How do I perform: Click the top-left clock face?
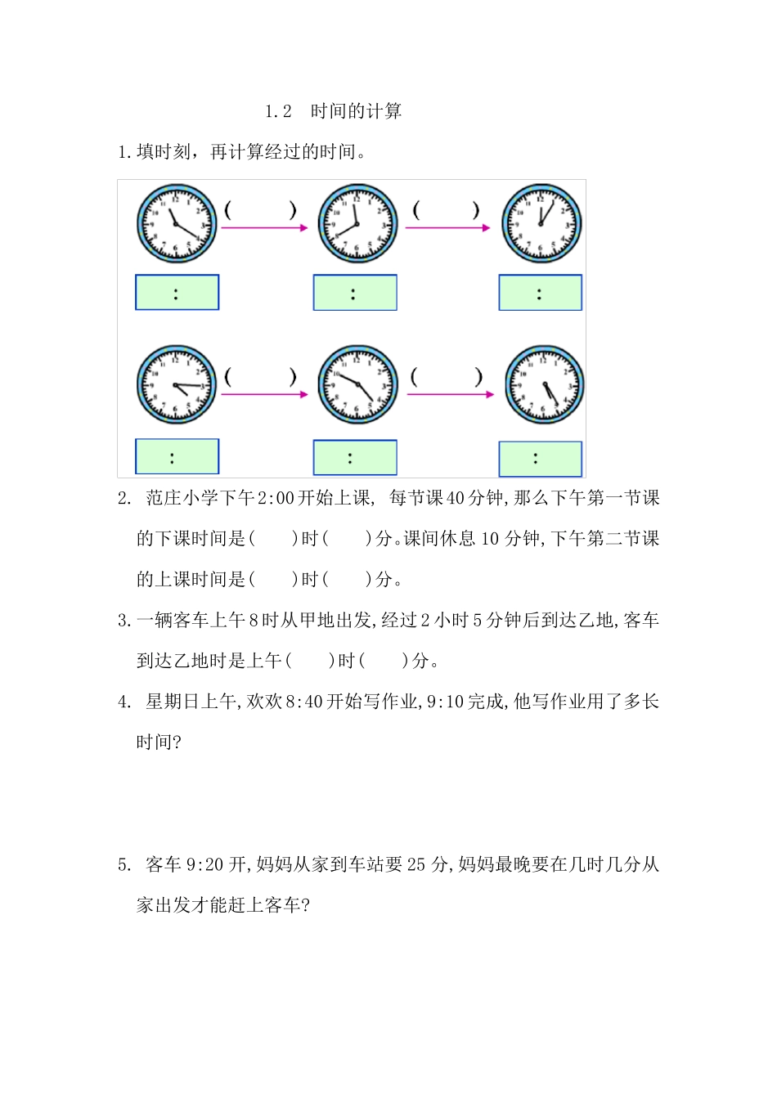(177, 223)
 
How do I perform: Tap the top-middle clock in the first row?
(357, 223)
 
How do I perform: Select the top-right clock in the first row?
(541, 223)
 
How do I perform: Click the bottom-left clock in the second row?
(176, 384)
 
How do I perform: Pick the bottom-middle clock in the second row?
(357, 384)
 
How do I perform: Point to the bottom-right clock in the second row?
(544, 385)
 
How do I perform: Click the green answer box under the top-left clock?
(177, 293)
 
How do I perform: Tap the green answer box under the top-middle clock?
(355, 293)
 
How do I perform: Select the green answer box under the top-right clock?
(540, 293)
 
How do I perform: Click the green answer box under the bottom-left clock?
(177, 456)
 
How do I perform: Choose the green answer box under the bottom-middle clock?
(355, 458)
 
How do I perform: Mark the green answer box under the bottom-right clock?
(540, 459)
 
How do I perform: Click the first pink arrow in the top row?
(264, 228)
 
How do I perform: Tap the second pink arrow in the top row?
(447, 228)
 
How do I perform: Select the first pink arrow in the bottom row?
(264, 394)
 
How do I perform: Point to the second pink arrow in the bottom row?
(450, 394)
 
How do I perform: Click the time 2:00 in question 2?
(276, 498)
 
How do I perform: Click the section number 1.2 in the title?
(278, 111)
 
